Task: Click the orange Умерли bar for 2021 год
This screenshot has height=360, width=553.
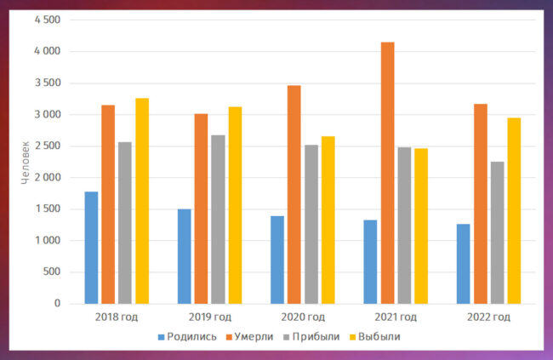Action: [x=387, y=173]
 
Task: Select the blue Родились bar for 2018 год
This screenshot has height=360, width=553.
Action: [x=91, y=248]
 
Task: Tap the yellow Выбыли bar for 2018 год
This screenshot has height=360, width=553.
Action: [x=142, y=201]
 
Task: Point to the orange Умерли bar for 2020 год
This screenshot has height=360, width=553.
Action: [x=294, y=194]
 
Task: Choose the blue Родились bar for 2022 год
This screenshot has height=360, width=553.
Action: [x=463, y=264]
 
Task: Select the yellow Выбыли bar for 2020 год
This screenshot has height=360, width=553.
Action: [x=328, y=220]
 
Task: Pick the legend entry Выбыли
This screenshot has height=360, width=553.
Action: [x=379, y=336]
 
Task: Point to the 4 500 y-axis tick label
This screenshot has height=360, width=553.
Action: [x=48, y=20]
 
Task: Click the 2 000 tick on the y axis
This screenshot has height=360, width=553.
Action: [x=48, y=178]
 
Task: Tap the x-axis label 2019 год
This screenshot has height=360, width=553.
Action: [x=209, y=317]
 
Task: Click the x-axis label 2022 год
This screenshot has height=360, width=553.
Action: [x=488, y=317]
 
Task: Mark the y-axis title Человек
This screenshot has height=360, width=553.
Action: [x=26, y=162]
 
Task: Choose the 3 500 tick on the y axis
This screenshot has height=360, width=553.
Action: [x=48, y=83]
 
